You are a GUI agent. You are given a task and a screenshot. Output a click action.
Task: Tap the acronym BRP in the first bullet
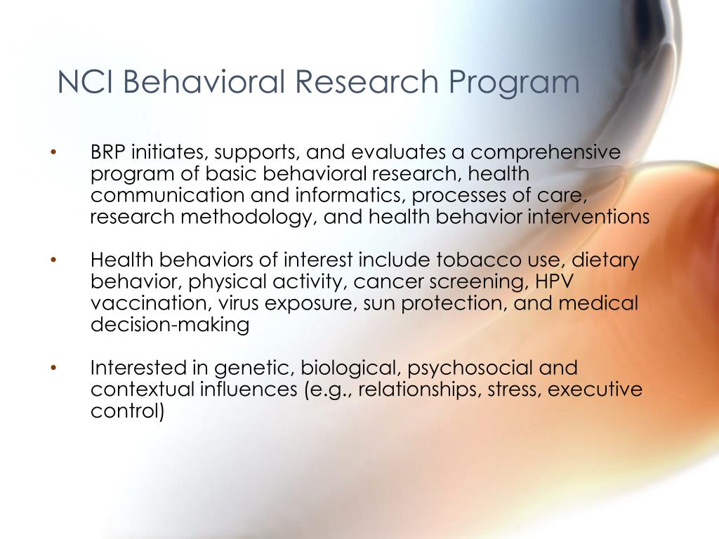[x=108, y=152]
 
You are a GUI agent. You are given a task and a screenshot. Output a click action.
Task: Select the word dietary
[x=606, y=261]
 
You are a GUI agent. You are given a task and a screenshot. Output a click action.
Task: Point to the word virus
[x=237, y=303]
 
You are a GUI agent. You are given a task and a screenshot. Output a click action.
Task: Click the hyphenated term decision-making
[x=170, y=326]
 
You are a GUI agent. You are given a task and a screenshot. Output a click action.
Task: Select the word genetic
[x=254, y=368]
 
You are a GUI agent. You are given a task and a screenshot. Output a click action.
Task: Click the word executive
[x=595, y=390]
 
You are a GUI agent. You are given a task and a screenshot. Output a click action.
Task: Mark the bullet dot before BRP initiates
[x=53, y=153]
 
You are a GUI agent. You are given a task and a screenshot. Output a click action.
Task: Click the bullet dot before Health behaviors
[x=53, y=260]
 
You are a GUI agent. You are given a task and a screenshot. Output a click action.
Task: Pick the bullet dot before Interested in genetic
[x=53, y=368]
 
